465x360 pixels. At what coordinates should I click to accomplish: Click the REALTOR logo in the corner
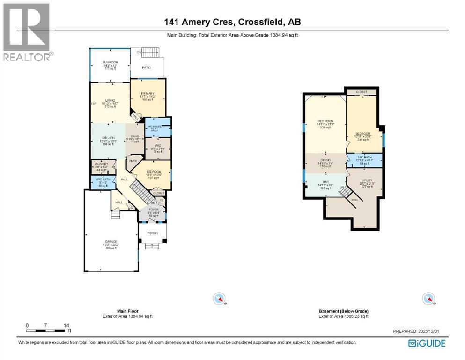pos(27,32)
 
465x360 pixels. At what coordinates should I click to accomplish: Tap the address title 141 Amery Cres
pos(232,22)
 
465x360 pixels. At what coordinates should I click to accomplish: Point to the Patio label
pos(147,68)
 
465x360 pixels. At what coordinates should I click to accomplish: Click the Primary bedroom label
pos(148,93)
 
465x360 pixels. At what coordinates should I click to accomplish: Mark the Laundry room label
pos(102,164)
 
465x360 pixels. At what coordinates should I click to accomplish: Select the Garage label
pos(111,241)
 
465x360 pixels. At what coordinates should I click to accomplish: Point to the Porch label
pos(152,233)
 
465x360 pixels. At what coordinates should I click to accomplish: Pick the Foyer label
pos(153,209)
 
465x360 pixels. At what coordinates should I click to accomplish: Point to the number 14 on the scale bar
pos(66,325)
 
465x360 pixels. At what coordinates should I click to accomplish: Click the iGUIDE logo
pos(427,344)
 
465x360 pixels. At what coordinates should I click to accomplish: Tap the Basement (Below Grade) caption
pos(343,311)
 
